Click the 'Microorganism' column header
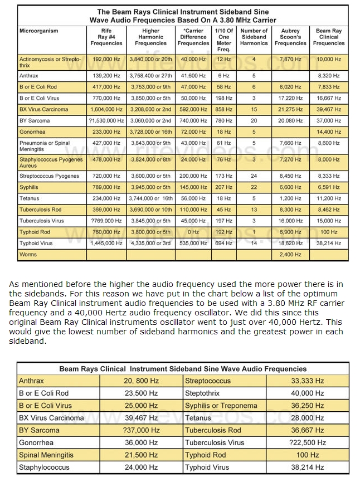pos(38,31)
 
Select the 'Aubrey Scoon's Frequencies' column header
pos(290,37)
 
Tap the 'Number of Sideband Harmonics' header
pos(254,37)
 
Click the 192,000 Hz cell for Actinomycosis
pos(106,59)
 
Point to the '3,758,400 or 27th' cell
pos(150,76)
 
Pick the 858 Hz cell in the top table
pos(224,109)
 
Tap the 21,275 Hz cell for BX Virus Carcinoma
pos(291,109)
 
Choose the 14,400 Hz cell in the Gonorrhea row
pos(329,132)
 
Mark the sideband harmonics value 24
pos(254,176)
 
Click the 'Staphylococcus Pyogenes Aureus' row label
pos(51,162)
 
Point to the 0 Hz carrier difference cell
pos(193,232)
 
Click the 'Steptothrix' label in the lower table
pos(202,393)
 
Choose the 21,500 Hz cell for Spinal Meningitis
pos(142,455)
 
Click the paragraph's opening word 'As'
pos(14,284)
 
